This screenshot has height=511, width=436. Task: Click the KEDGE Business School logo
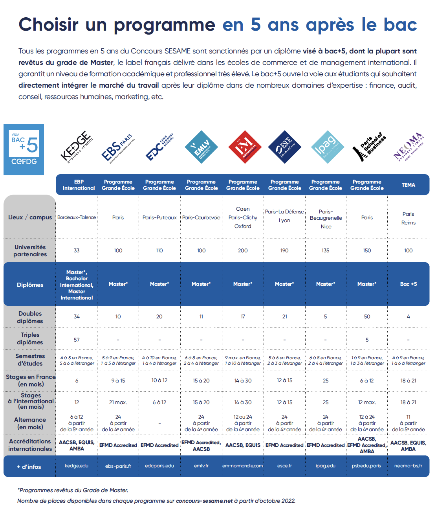coord(77,147)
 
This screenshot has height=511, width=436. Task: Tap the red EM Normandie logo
coord(245,147)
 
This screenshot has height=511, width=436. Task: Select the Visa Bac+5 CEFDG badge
coord(24,150)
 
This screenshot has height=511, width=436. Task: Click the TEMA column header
coord(408,185)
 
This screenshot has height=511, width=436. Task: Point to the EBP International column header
coord(79,185)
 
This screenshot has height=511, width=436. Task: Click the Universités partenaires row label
coord(30,251)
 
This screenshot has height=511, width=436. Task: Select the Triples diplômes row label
coord(30,338)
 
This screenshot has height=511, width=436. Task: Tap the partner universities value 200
coord(243,250)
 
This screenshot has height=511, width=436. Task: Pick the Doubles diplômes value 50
coord(367,316)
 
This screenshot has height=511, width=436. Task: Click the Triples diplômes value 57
coord(77,340)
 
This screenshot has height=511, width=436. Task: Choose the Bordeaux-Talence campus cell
coord(77,217)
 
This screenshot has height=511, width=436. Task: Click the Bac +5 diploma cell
coord(408,284)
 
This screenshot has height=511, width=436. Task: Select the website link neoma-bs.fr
coord(408,466)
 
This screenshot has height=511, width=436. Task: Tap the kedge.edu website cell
coord(77,466)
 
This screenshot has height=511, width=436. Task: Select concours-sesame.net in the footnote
coord(204,501)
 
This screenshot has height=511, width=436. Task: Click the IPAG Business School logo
coord(328,147)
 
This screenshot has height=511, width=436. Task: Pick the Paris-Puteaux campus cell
coord(159,217)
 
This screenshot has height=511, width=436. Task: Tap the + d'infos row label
coord(29,467)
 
